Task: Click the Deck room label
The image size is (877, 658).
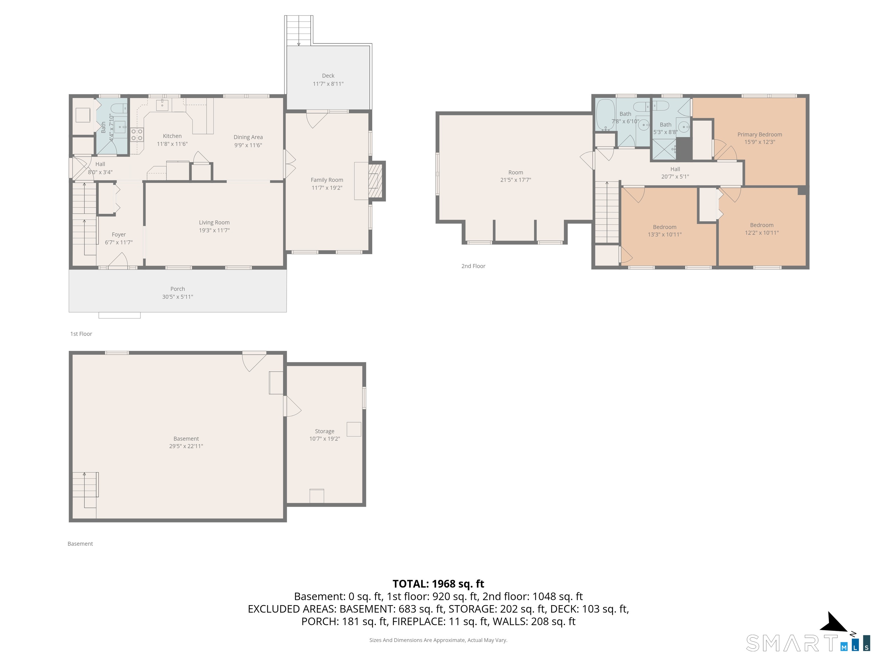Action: click(x=328, y=76)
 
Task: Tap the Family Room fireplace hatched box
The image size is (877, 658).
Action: click(x=376, y=181)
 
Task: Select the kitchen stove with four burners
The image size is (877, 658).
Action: click(x=137, y=135)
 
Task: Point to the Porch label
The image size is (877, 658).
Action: click(x=178, y=289)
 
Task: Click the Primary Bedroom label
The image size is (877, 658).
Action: click(x=760, y=135)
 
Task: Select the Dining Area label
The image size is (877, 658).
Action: click(x=248, y=137)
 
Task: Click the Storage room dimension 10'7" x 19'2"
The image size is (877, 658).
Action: click(x=325, y=439)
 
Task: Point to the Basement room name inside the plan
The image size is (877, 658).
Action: click(x=186, y=439)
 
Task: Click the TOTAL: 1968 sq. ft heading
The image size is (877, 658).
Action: click(x=438, y=584)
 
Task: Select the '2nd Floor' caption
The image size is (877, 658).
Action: click(x=473, y=266)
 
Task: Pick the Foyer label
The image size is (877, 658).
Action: click(x=118, y=235)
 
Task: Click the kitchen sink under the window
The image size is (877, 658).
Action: click(x=162, y=105)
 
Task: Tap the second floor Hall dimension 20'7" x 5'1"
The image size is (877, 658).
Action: click(x=675, y=177)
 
